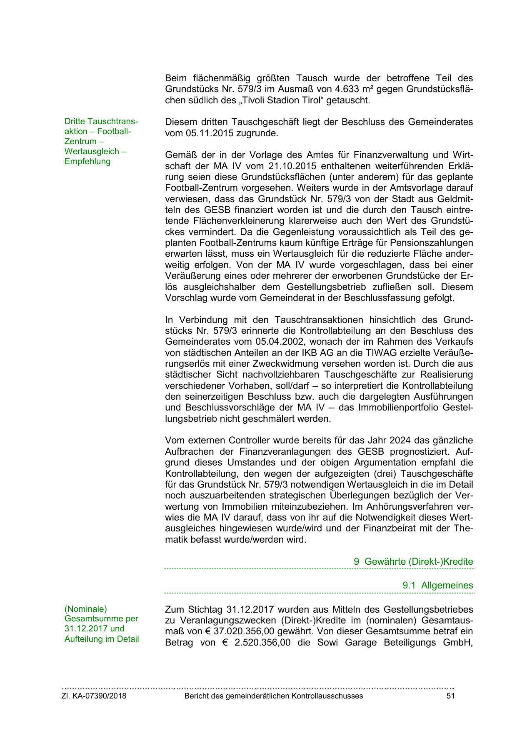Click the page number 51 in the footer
tap(450, 696)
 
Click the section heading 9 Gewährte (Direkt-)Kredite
tap(413, 561)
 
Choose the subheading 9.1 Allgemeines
tap(437, 585)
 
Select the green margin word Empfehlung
tap(87, 161)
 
